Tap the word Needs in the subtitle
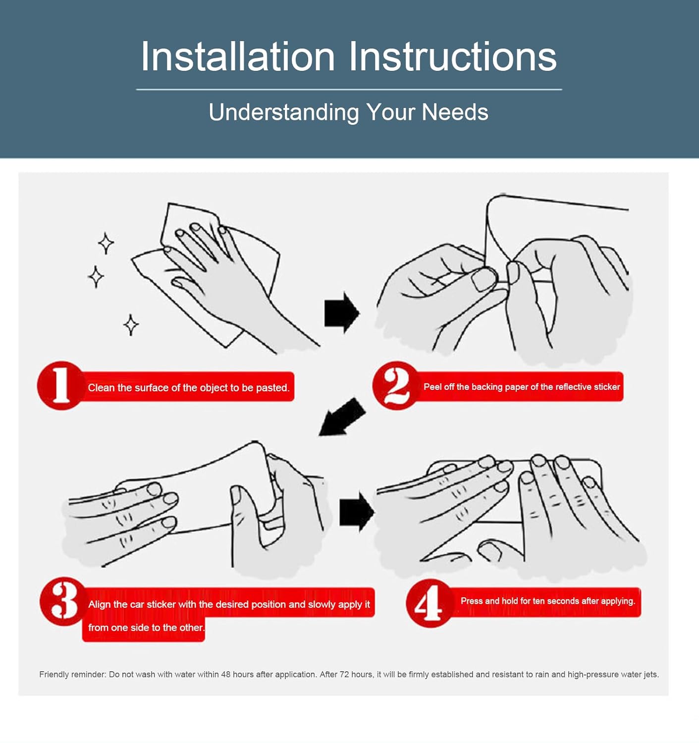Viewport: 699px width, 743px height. (455, 112)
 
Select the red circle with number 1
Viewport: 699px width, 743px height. (60, 385)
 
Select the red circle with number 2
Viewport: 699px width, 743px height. (396, 385)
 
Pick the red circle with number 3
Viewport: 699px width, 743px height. (63, 601)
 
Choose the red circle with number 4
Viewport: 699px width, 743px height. (430, 603)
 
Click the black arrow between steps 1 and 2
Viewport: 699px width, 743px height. (342, 313)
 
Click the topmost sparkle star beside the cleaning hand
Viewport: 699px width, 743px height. (107, 243)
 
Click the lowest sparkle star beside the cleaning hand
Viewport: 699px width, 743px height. (131, 325)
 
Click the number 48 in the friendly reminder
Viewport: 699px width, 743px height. (226, 675)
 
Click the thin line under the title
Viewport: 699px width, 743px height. (349, 90)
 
